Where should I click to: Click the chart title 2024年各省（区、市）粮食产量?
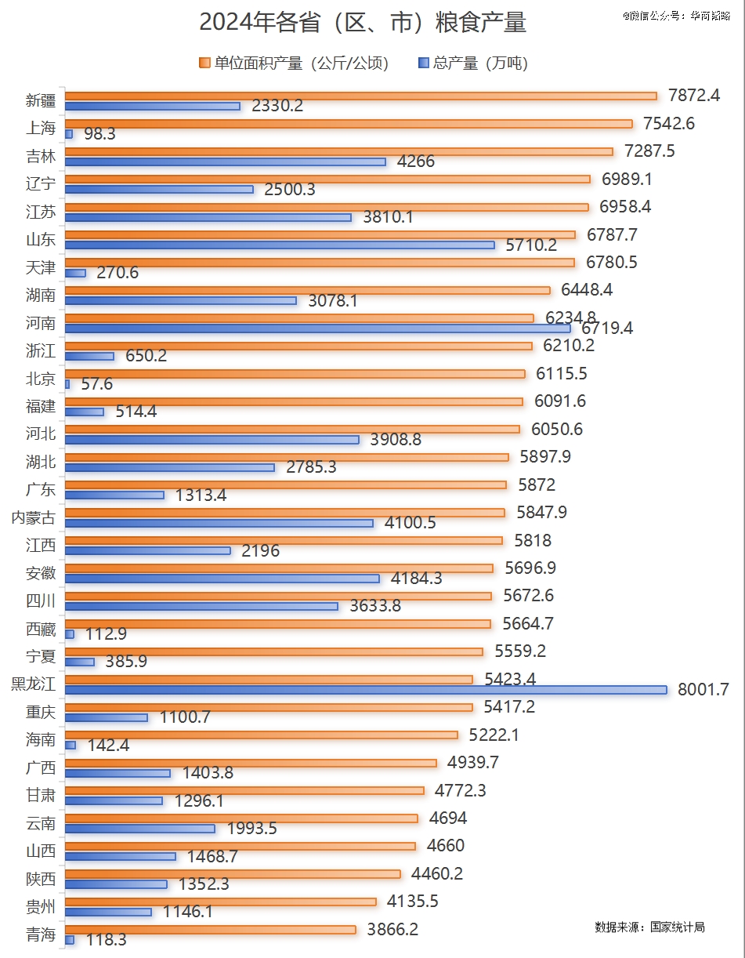(362, 23)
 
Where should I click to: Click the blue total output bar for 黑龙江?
(365, 690)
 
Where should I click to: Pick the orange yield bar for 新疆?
(360, 96)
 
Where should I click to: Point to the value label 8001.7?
(703, 690)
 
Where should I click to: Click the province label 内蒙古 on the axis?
(33, 517)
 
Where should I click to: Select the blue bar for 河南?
(317, 328)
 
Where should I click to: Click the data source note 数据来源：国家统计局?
(649, 927)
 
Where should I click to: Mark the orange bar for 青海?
(210, 930)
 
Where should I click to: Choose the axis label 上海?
(41, 129)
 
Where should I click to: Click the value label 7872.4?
(693, 96)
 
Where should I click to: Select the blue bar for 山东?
(279, 245)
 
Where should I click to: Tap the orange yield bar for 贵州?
(220, 902)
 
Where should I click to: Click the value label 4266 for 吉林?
(415, 162)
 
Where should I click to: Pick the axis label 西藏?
(41, 629)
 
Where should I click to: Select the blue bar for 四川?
(201, 606)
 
